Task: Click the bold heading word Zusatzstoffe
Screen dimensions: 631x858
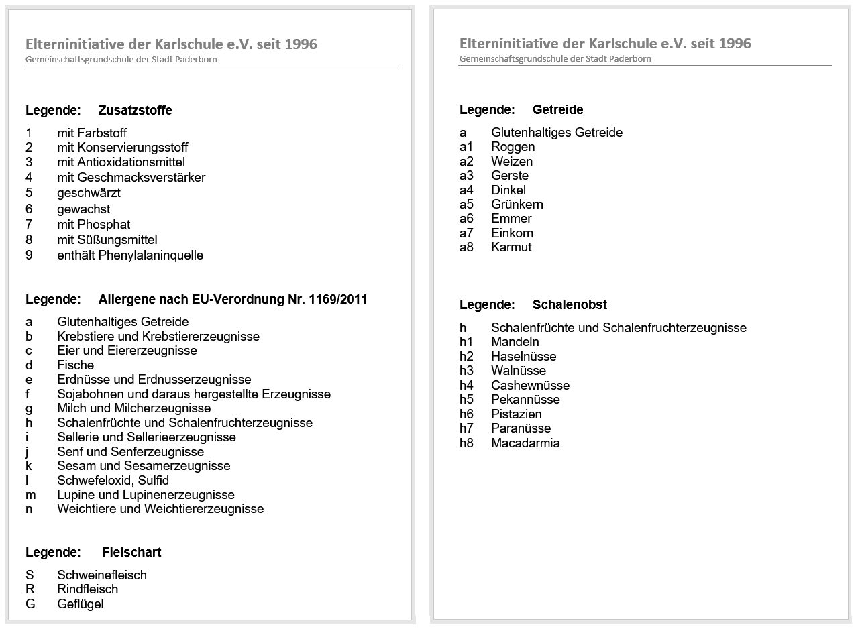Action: point(135,111)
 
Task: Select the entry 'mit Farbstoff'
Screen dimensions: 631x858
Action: point(92,133)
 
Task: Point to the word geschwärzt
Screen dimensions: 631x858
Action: point(89,193)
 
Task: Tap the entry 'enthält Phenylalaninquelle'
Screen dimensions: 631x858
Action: point(130,255)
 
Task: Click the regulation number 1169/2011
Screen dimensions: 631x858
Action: point(338,300)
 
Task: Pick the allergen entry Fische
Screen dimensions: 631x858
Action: point(75,365)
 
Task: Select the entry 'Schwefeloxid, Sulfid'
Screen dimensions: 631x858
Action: point(113,481)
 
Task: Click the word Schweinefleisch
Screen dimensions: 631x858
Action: point(102,575)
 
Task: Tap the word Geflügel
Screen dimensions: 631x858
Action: point(81,604)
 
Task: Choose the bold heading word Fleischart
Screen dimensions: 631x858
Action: point(131,553)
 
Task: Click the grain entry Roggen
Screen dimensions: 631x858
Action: point(513,147)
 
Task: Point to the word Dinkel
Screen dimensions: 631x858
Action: point(508,190)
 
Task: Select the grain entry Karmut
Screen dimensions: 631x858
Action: point(511,247)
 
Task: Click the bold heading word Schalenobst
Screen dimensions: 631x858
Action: point(570,305)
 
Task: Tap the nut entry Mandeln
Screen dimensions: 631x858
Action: point(515,342)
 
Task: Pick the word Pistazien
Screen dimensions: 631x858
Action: point(517,414)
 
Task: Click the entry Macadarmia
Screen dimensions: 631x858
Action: point(525,443)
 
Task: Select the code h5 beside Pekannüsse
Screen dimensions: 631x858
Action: point(466,400)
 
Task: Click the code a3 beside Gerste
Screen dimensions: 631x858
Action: point(466,176)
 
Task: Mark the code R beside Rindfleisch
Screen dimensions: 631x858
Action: point(30,589)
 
